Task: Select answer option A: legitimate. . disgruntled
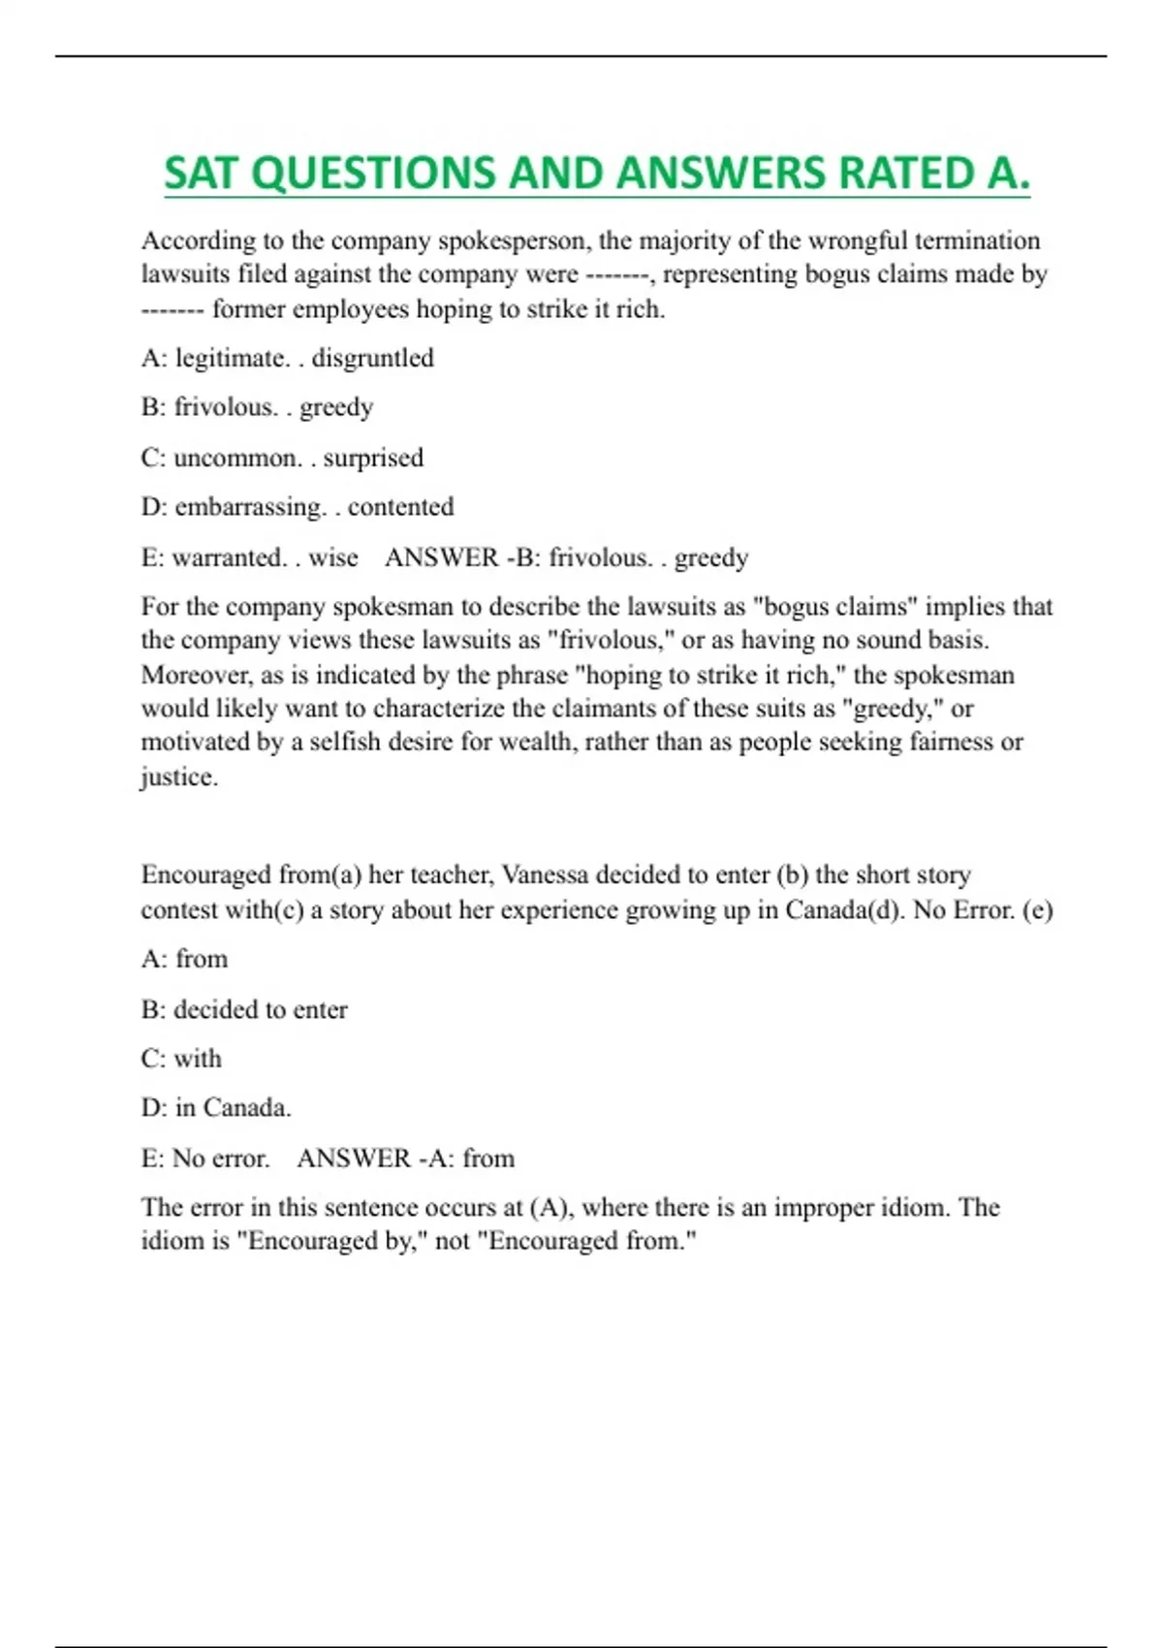click(287, 358)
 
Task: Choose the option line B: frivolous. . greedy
click(257, 407)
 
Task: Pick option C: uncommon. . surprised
click(282, 458)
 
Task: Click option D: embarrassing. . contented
click(297, 507)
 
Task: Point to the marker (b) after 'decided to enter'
click(792, 874)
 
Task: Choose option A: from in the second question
click(184, 959)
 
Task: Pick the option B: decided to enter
click(244, 1009)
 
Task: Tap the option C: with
click(181, 1059)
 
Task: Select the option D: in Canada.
click(216, 1108)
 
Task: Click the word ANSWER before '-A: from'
click(354, 1158)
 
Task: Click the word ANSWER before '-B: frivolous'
click(442, 557)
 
